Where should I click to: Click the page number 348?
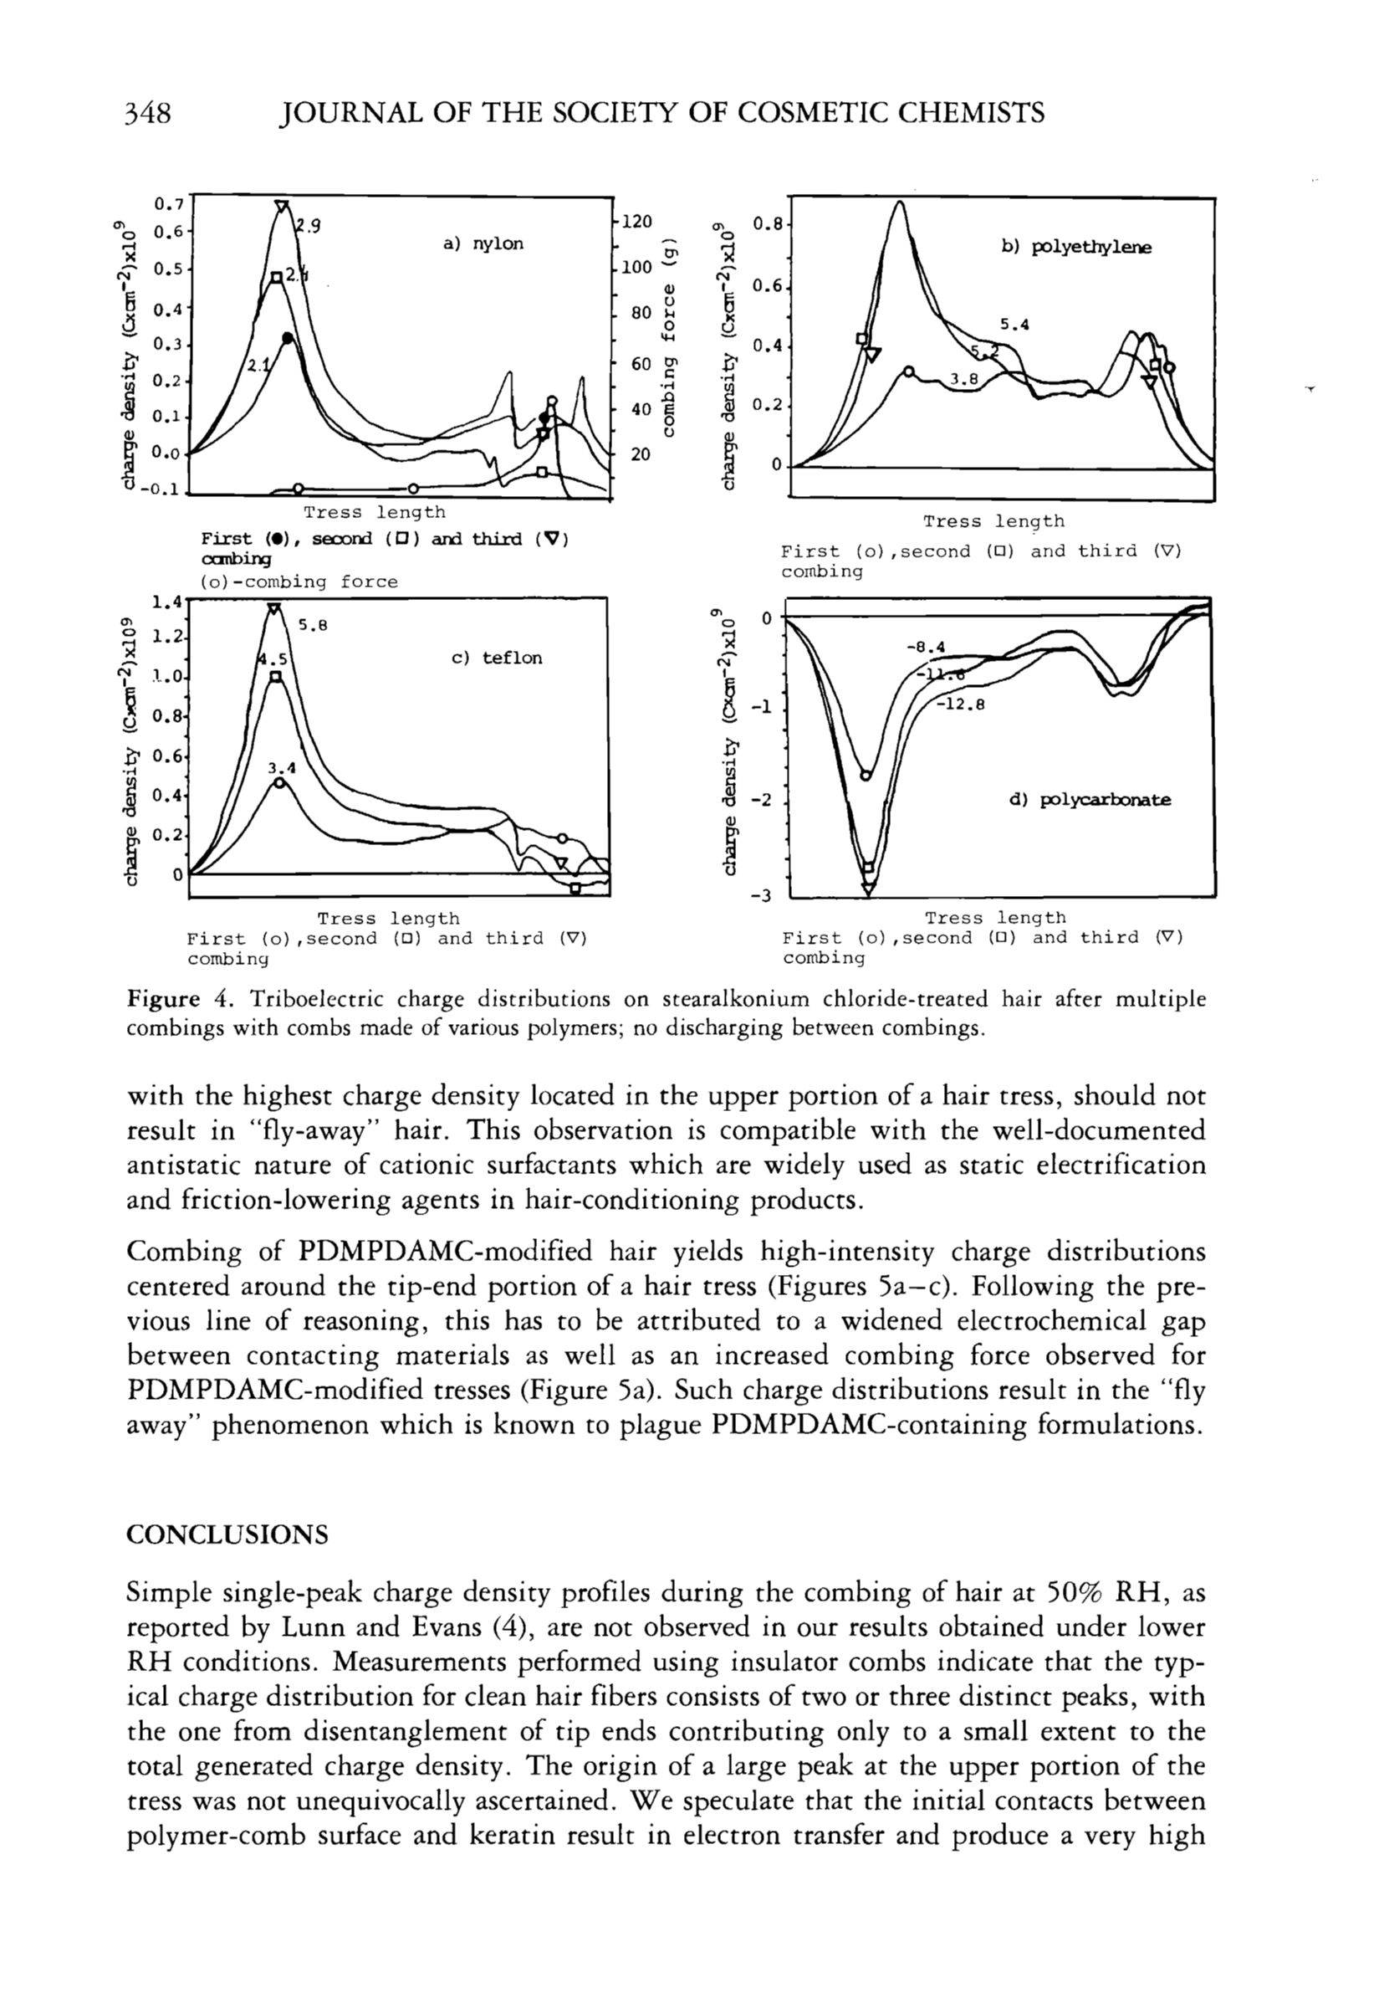coord(148,114)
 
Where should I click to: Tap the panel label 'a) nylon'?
coord(483,243)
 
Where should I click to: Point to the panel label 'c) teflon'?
coord(497,658)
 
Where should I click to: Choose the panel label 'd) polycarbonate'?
coord(1089,800)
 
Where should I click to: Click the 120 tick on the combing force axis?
coord(636,222)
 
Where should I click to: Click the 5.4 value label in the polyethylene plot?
coord(1014,325)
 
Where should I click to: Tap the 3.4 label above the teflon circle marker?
coord(282,768)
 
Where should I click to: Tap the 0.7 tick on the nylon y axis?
coord(167,205)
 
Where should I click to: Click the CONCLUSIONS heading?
coord(227,1535)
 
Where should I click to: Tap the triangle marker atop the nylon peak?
coord(282,207)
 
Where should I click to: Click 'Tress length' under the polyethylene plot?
coord(993,521)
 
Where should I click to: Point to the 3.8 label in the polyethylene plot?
coord(964,379)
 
